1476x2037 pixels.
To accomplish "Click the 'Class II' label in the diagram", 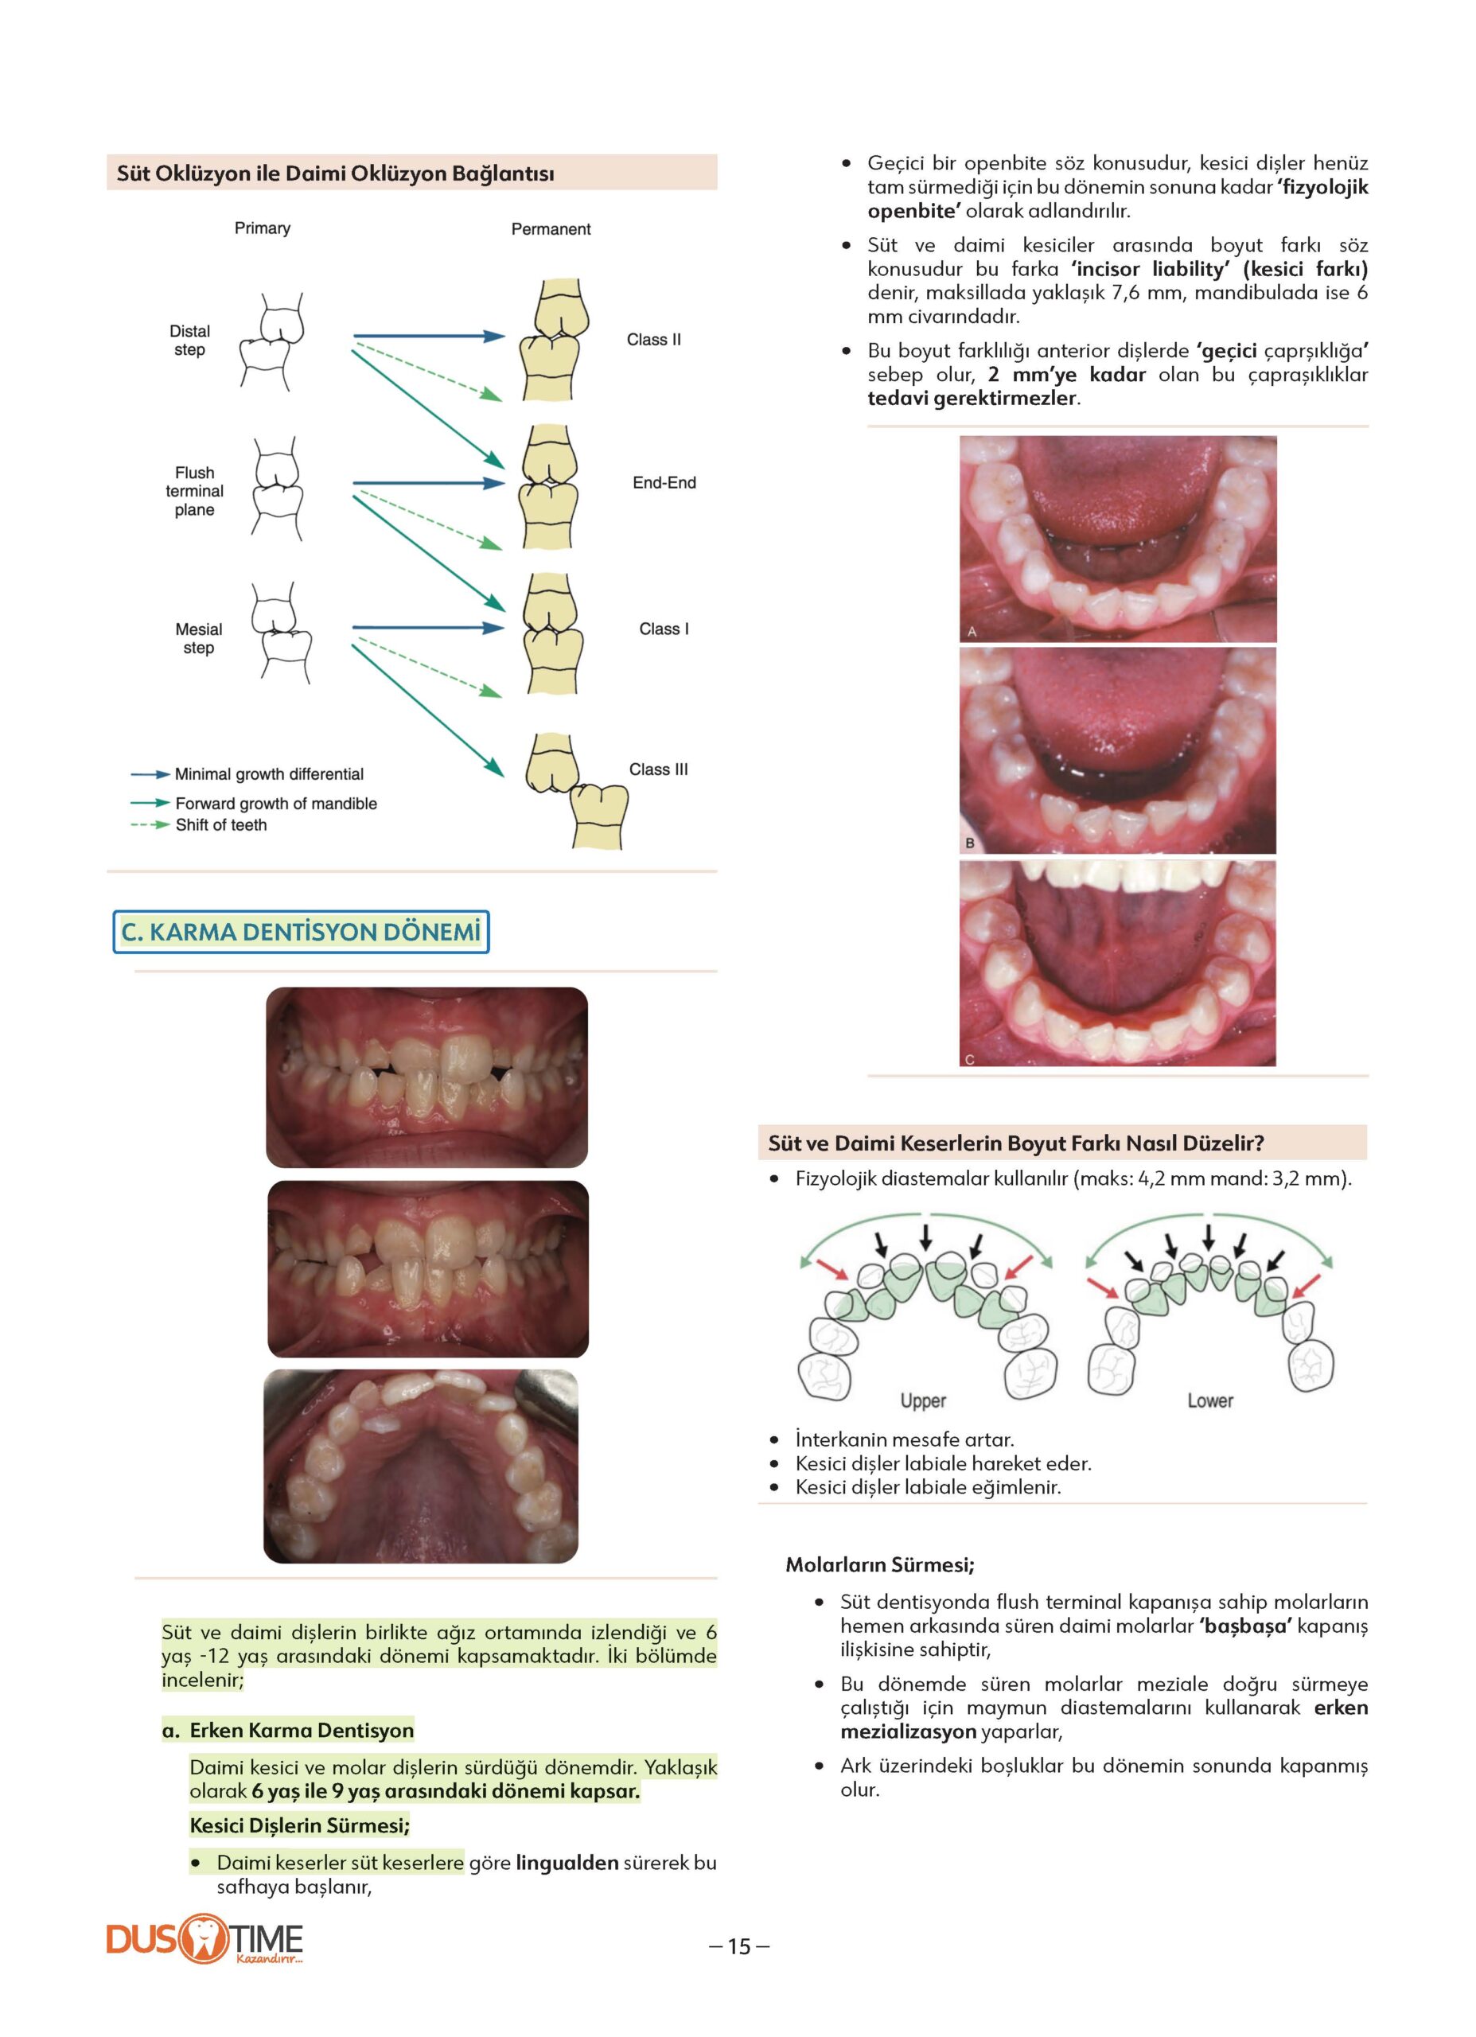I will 653,340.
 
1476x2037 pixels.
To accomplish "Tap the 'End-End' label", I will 664,482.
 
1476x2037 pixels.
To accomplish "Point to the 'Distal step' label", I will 189,341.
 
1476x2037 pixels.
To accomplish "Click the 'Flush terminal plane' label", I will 194,491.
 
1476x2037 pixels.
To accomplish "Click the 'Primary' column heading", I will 263,228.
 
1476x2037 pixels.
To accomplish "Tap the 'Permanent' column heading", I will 551,229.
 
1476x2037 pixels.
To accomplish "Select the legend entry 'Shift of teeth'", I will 221,825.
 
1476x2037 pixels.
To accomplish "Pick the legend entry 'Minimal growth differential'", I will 269,774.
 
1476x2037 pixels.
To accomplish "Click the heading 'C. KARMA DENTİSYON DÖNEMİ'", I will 301,933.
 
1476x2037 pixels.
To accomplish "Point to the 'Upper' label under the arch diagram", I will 923,1400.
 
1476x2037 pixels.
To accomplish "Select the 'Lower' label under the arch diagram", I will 1209,1400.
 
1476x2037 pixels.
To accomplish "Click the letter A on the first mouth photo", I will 971,632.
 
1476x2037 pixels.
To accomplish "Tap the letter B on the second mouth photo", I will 970,843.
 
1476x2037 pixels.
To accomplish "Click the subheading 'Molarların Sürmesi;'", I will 879,1564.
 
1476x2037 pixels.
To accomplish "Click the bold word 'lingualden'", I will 567,1863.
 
